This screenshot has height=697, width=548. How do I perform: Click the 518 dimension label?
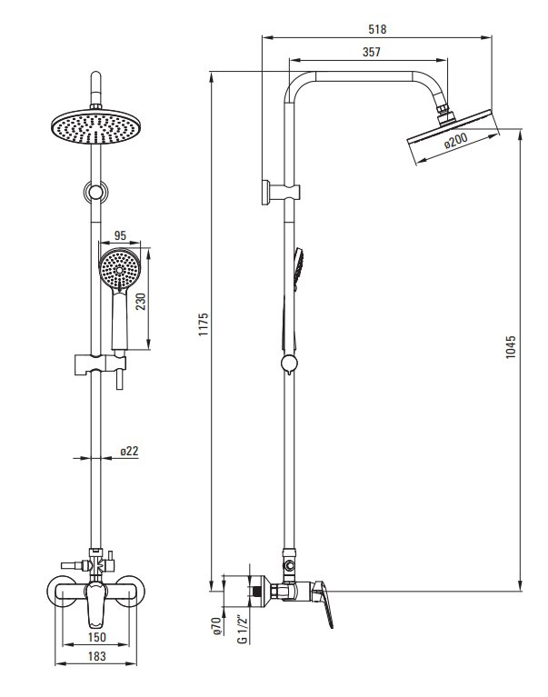point(377,29)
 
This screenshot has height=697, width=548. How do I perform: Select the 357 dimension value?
point(372,52)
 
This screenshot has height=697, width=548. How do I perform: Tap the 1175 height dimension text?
point(203,324)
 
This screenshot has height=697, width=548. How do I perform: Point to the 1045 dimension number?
point(511,347)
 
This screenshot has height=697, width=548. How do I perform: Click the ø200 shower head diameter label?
point(456,141)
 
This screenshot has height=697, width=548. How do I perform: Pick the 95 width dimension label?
point(120,235)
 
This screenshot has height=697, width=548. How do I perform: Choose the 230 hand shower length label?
point(141,302)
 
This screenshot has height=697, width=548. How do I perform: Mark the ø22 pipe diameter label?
point(129,451)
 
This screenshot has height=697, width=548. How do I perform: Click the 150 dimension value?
point(97,637)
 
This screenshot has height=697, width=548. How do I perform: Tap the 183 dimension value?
point(97,656)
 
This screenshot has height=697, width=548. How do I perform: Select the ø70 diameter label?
point(216,625)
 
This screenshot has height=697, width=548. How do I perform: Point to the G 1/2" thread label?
point(242,629)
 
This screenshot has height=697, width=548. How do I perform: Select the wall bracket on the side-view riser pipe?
point(281,193)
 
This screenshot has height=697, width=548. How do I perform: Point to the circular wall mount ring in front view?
point(95,192)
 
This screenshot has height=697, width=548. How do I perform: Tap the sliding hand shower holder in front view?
point(100,364)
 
